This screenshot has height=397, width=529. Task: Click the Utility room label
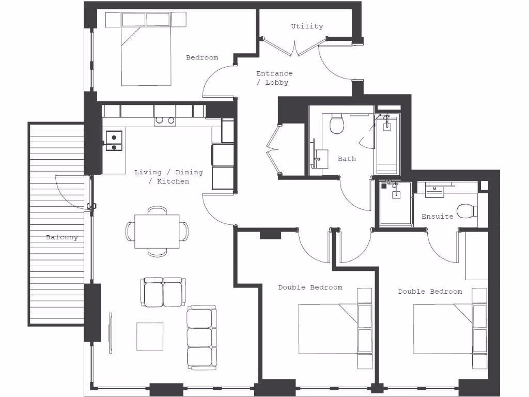(307, 26)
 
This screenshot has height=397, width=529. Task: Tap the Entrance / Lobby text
(274, 78)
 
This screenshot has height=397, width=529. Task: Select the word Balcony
(62, 238)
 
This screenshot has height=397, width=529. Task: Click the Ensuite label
(438, 217)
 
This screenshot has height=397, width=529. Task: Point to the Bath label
(347, 159)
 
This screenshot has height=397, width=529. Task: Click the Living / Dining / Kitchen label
(168, 177)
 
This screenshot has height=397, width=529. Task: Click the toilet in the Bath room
(337, 124)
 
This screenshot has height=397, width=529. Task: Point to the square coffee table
(150, 336)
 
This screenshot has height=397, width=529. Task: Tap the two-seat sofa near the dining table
(163, 292)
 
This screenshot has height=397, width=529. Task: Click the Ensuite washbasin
(434, 191)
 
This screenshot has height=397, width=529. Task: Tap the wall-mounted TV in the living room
(110, 333)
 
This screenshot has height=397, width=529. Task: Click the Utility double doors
(294, 47)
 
